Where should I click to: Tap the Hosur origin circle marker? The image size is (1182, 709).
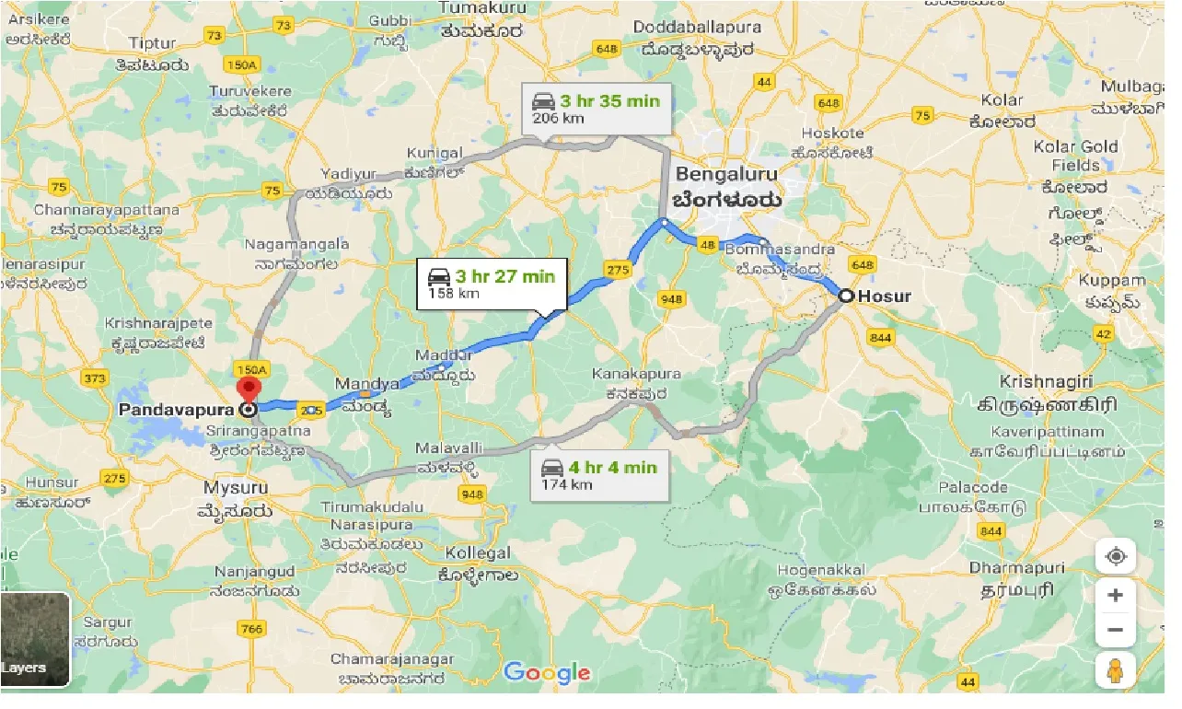click(x=844, y=296)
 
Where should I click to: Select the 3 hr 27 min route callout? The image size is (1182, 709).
click(x=492, y=284)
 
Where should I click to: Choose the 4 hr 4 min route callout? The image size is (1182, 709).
click(x=599, y=475)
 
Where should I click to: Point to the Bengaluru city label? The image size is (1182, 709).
click(x=726, y=174)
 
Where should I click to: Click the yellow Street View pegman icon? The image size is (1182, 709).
click(x=1115, y=669)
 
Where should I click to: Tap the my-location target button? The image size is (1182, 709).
click(x=1115, y=557)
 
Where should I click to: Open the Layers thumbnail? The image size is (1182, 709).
click(x=35, y=638)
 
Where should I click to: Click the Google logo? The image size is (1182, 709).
click(x=547, y=672)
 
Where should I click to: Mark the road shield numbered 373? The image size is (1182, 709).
click(x=94, y=378)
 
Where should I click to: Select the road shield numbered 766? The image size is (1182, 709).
click(x=251, y=629)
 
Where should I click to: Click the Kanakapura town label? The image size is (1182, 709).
click(x=637, y=374)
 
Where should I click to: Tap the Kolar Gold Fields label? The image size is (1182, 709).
click(x=1075, y=156)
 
